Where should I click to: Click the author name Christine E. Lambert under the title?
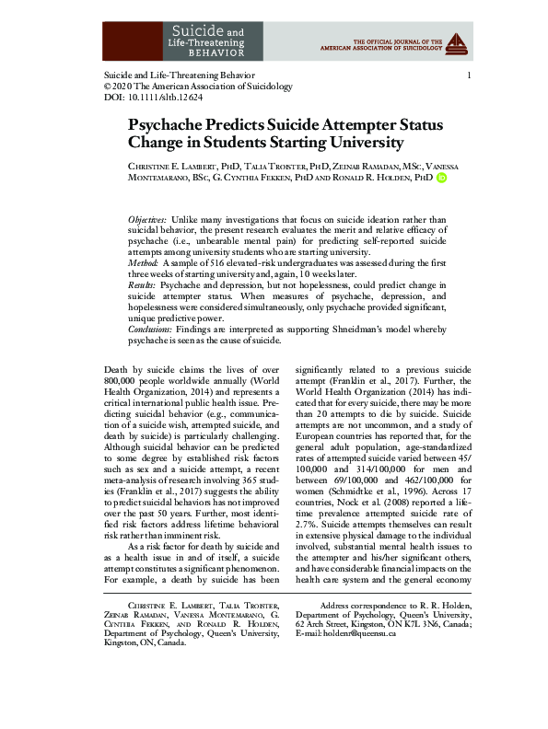click(177, 165)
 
